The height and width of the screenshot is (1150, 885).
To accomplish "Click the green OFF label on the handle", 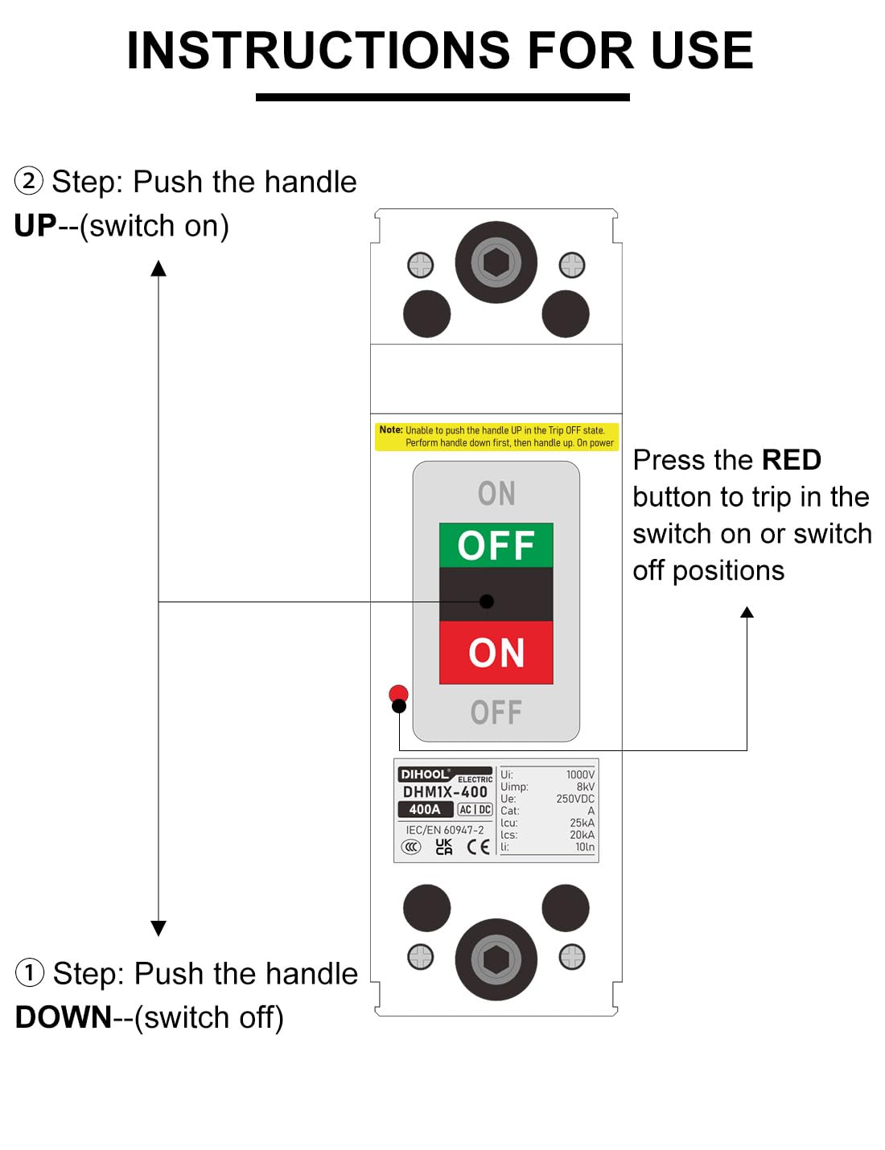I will [496, 545].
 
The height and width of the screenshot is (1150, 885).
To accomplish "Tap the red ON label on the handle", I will [496, 652].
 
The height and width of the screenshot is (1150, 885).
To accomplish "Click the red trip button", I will [398, 693].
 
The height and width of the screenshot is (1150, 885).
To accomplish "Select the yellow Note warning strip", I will [496, 437].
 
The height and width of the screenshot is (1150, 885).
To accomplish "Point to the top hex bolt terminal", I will [496, 262].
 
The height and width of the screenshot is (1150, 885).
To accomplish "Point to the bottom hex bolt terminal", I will [496, 959].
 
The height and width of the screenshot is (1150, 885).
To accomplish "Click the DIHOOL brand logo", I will [425, 774].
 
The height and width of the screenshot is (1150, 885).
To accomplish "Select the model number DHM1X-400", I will [445, 792].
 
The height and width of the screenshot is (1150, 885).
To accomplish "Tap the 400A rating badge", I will [425, 810].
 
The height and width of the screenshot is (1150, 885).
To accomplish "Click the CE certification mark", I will [478, 847].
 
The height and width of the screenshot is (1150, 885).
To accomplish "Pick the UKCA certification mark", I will [444, 847].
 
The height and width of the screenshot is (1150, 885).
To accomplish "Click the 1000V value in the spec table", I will [580, 774].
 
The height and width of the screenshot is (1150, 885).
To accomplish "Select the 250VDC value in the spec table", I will [575, 799].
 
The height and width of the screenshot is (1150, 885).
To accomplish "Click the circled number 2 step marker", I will [29, 181].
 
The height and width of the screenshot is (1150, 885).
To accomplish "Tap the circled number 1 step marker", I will [30, 973].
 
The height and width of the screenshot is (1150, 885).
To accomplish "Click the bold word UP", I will [35, 226].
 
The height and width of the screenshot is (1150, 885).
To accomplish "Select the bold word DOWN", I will [64, 1017].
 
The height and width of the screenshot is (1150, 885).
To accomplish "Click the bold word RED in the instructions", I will [791, 460].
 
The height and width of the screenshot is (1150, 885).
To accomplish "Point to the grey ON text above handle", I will [496, 494].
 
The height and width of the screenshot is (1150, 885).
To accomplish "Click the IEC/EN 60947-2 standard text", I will [445, 830].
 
